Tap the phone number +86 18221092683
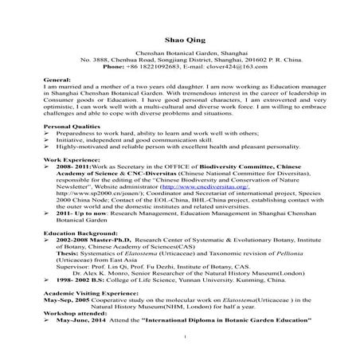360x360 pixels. pos(163,67)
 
